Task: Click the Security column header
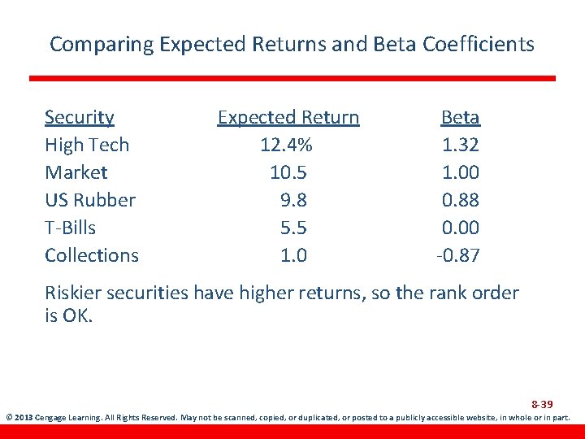coord(79,117)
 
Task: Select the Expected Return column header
coord(288,117)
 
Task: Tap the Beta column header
coord(460,117)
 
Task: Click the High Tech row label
coord(86,145)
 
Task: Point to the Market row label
coord(76,172)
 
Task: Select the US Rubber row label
coord(89,200)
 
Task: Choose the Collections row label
coord(91,255)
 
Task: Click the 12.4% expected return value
coord(286,145)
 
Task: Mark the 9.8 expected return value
coord(292,200)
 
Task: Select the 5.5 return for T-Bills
coord(292,228)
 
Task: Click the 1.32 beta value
coord(460,145)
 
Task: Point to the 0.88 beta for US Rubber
coord(460,200)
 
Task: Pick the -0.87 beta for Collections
coord(457,255)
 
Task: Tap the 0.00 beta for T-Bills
coord(460,228)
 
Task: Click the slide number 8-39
coord(542,404)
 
